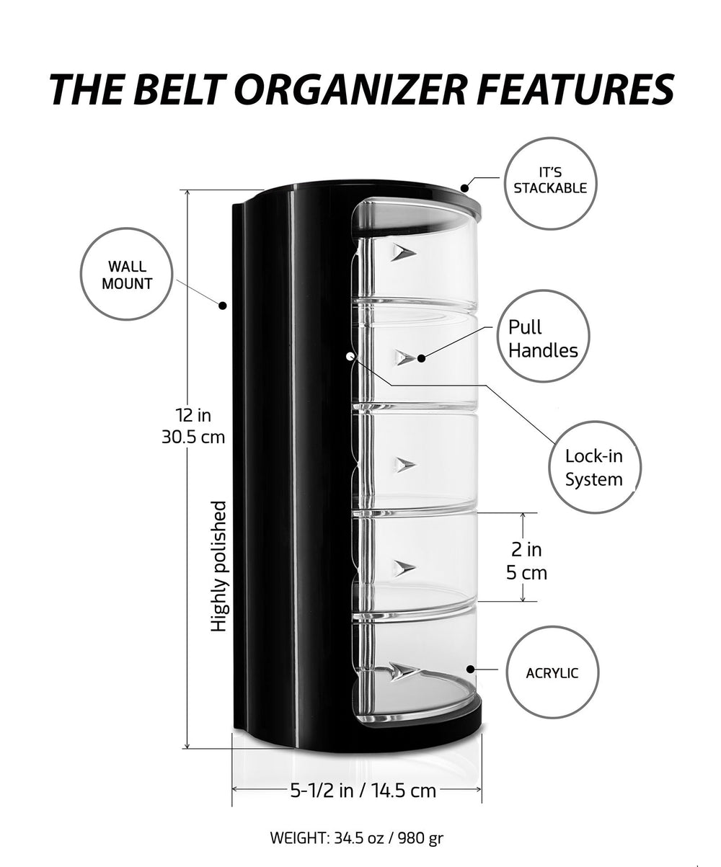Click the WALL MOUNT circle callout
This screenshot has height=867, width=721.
(127, 275)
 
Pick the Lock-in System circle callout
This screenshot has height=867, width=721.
(593, 467)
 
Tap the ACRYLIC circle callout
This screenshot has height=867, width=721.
(552, 673)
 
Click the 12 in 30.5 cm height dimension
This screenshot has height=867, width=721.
(193, 425)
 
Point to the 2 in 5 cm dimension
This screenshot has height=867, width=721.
(527, 561)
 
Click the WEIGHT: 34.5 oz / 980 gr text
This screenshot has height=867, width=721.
(356, 838)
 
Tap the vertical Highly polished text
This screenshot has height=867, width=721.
(218, 566)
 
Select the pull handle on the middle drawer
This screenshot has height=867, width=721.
(404, 464)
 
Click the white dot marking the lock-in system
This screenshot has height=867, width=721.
(350, 355)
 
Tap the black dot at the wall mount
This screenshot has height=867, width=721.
(224, 305)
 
